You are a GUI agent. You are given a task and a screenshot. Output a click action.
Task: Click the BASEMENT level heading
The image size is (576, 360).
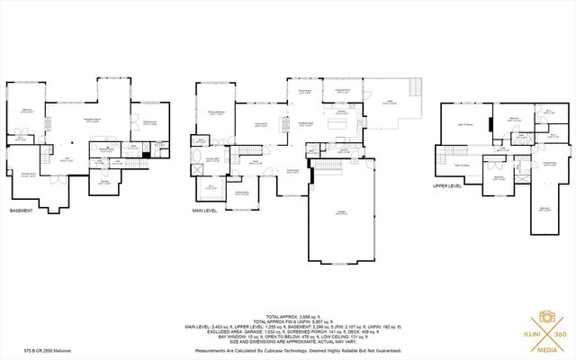click(x=22, y=211)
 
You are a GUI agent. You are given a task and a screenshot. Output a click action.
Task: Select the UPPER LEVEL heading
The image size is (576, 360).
click(x=447, y=186)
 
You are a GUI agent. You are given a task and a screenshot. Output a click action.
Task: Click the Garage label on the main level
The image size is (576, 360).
click(x=341, y=213)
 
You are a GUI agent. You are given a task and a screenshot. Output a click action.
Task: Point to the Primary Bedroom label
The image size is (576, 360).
click(x=217, y=113)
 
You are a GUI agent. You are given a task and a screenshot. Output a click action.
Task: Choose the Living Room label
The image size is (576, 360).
click(x=262, y=126)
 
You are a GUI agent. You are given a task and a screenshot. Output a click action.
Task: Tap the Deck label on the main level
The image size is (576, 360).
click(x=390, y=103)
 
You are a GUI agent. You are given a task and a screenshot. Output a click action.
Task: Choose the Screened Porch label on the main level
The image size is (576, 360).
click(x=337, y=91)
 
